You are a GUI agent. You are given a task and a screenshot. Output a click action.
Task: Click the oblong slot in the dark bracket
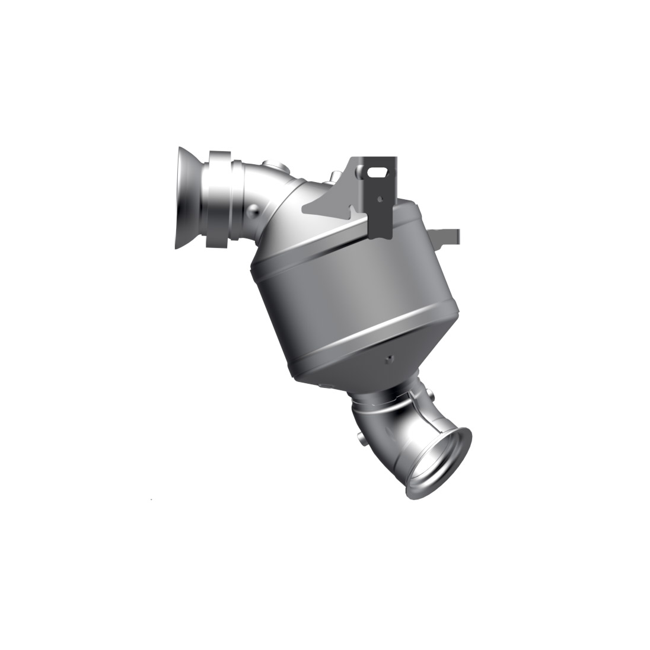377,172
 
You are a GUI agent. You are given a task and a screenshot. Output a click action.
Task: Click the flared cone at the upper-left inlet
189,198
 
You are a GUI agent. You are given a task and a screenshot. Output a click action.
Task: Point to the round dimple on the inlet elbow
254,209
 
